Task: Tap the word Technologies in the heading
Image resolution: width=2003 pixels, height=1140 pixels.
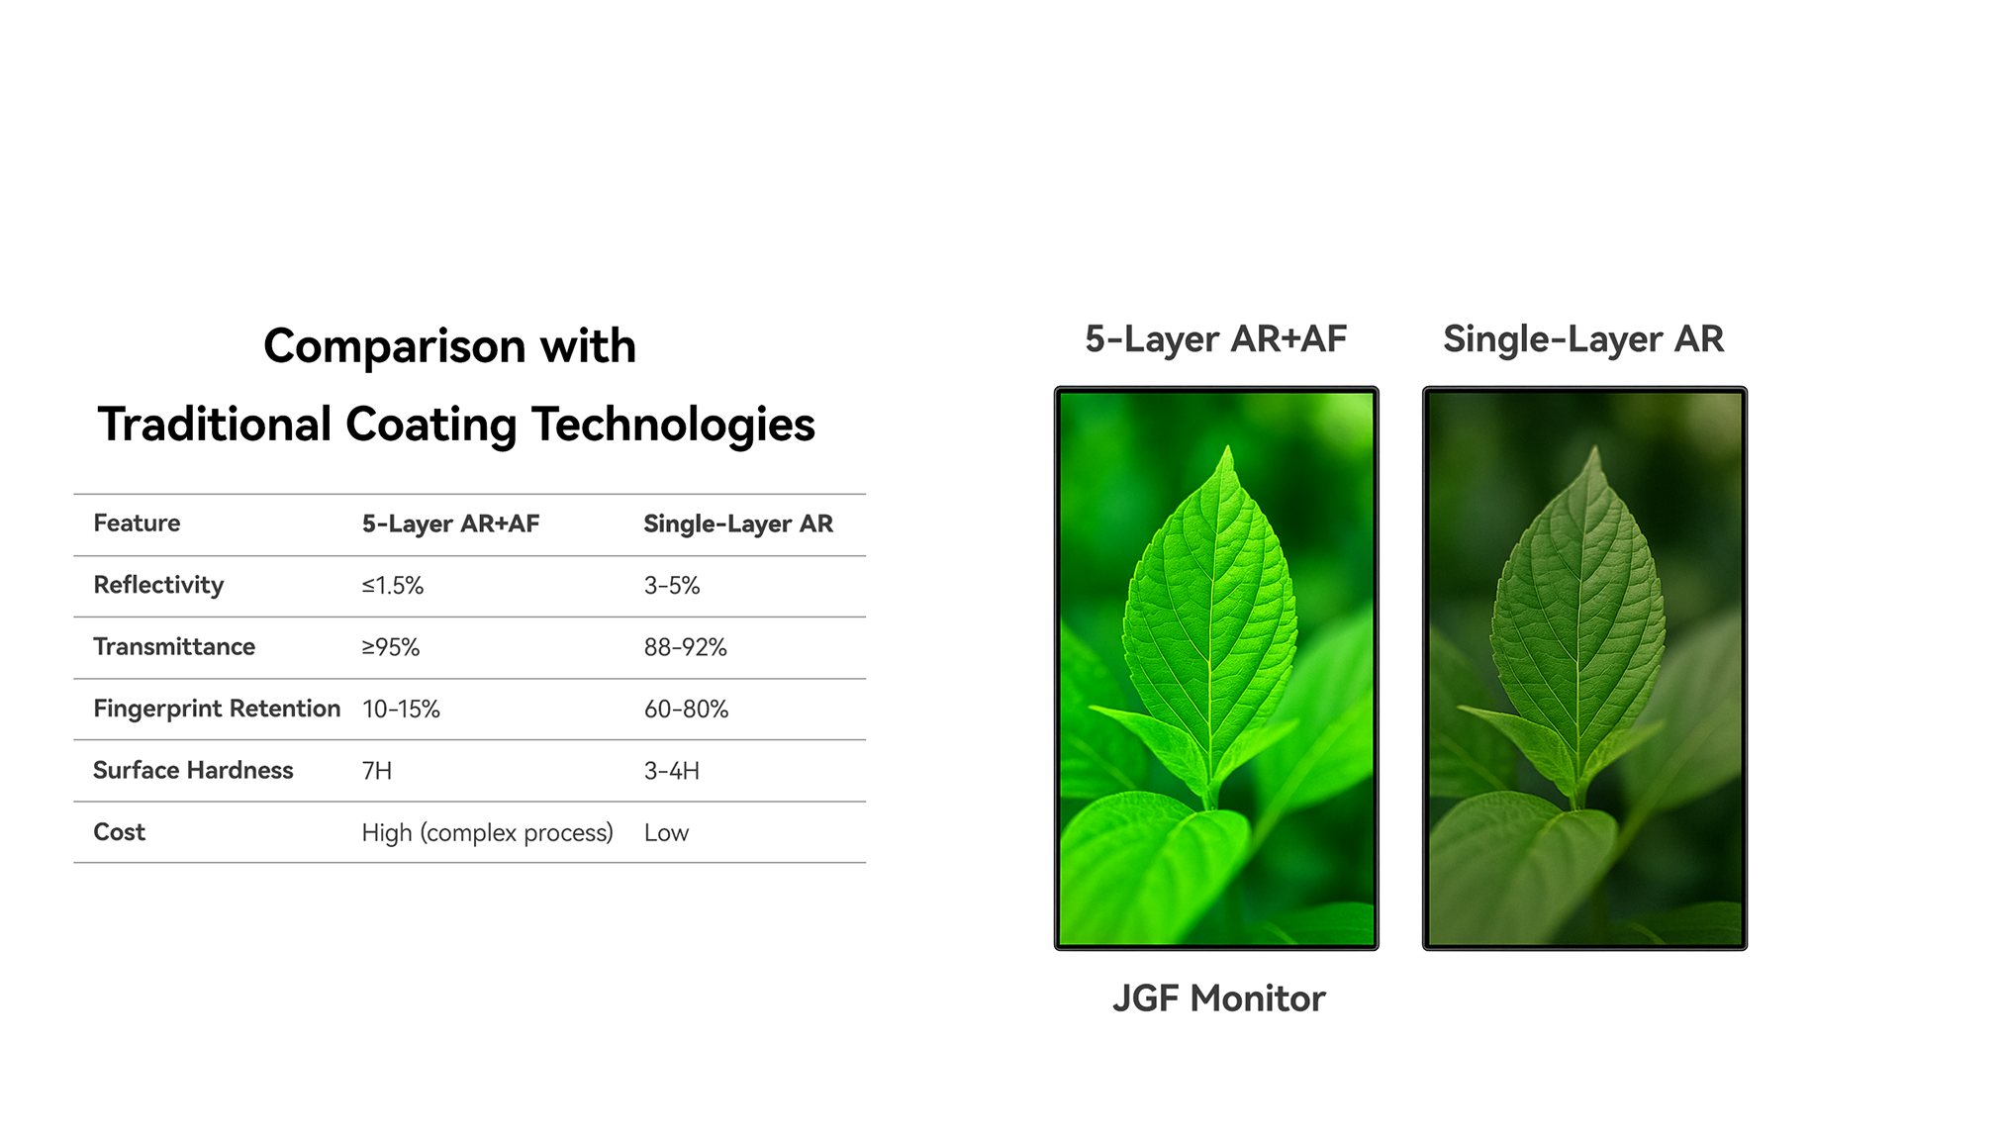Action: (x=673, y=426)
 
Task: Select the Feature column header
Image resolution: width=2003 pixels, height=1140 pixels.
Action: (x=137, y=523)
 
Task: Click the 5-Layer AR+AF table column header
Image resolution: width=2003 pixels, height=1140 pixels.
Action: (x=450, y=524)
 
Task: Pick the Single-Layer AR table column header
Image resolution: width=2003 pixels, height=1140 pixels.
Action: (x=738, y=524)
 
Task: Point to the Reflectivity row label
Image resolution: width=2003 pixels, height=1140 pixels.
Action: (x=158, y=586)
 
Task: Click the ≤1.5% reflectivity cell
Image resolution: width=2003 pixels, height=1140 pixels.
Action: (x=392, y=586)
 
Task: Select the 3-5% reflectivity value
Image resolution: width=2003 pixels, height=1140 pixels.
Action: (x=672, y=586)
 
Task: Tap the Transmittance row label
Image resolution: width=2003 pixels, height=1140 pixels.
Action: (x=174, y=647)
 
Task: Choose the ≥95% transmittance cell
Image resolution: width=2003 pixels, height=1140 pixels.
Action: (x=391, y=647)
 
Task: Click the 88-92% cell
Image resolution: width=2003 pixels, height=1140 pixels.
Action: (x=685, y=647)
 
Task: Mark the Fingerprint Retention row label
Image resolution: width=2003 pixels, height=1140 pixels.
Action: (x=217, y=710)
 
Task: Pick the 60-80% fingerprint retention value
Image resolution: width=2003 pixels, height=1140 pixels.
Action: (x=686, y=710)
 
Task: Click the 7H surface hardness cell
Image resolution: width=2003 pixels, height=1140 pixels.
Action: (x=377, y=771)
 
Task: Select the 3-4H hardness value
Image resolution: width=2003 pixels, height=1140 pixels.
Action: (x=672, y=771)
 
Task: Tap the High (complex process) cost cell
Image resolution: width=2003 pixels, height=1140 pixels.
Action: (x=487, y=833)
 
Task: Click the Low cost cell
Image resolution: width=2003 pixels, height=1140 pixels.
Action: (x=666, y=833)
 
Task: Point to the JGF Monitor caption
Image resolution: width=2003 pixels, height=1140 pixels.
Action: (x=1218, y=999)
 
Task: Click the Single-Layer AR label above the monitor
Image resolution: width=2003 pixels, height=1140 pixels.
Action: (x=1583, y=340)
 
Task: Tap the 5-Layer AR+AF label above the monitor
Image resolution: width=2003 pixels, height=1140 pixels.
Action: (x=1215, y=340)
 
